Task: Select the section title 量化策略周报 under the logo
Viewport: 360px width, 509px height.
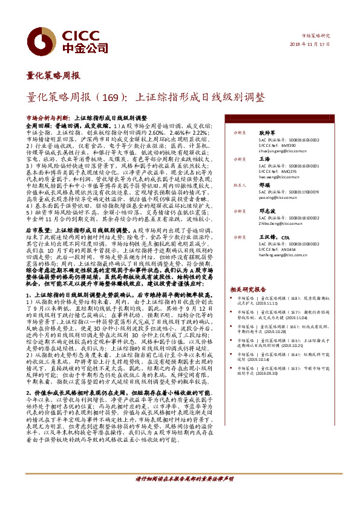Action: click(53, 76)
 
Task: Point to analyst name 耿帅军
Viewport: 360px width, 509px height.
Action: click(267, 131)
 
